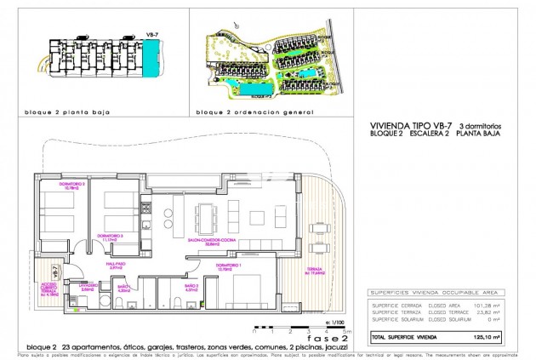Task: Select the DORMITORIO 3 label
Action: point(111,237)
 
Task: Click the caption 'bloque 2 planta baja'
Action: point(66,112)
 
